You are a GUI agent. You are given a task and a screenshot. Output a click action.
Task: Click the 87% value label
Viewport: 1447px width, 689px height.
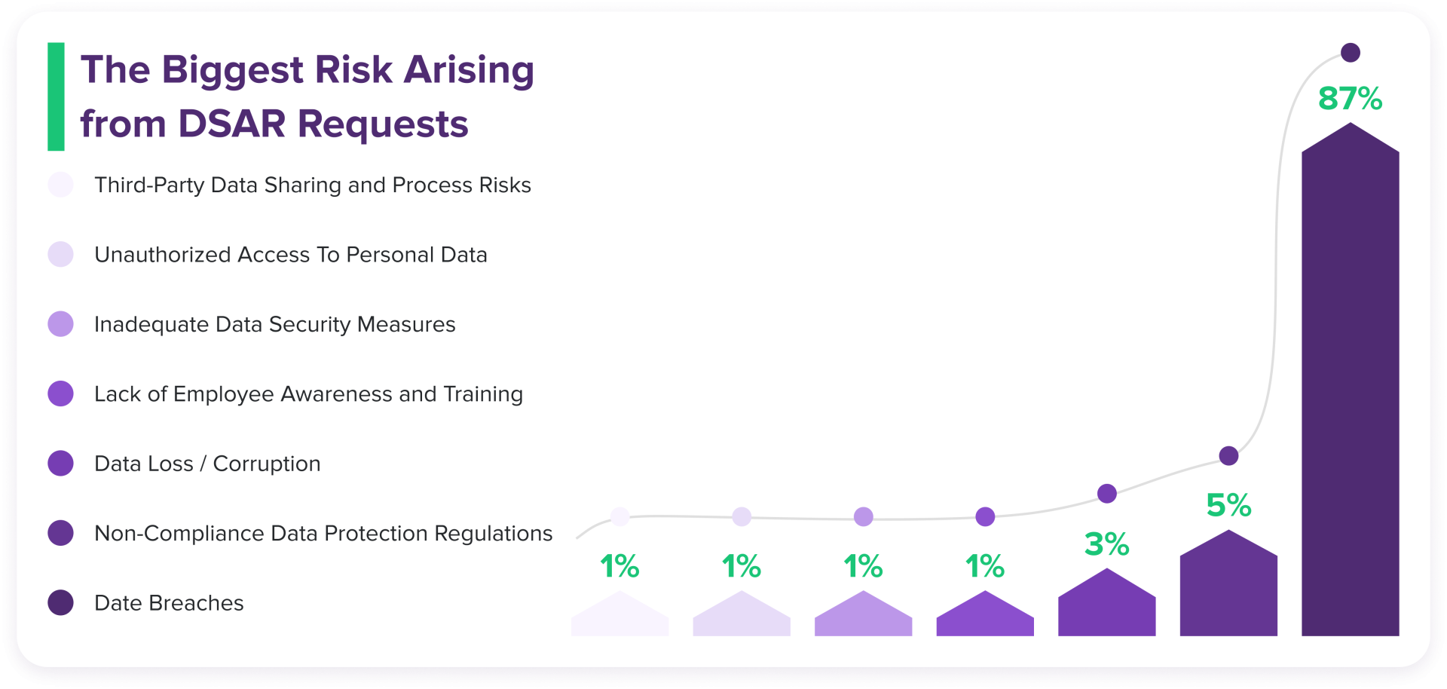1350,99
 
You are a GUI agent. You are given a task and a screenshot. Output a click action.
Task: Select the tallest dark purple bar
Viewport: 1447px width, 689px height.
1350,392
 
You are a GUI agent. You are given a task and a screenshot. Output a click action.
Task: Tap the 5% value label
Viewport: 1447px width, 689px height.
1228,505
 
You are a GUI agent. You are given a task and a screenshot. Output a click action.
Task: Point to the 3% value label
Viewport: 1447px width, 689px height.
1106,544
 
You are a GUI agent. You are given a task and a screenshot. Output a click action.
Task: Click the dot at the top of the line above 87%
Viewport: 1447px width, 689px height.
1351,53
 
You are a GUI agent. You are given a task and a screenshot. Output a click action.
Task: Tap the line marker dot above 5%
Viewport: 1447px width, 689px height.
1228,455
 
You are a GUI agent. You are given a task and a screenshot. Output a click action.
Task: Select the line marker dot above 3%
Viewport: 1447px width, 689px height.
1106,494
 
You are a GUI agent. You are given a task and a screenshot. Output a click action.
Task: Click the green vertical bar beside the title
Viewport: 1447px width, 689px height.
56,96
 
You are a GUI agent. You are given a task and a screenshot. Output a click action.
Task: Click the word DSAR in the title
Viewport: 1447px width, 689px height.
231,124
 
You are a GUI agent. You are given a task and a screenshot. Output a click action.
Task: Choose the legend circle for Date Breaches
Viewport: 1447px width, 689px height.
60,602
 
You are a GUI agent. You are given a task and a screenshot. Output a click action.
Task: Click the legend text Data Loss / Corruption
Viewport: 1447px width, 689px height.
207,464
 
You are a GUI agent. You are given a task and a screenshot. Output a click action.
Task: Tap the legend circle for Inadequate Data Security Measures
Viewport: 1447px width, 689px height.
60,324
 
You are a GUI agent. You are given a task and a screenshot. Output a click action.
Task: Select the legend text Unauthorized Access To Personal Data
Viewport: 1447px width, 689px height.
290,255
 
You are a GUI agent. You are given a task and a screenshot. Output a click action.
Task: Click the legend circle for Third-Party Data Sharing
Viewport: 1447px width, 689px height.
60,185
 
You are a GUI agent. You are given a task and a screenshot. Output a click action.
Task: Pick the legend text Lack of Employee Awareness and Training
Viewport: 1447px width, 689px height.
308,394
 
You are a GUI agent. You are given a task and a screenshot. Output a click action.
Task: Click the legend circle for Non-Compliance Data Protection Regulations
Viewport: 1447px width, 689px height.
60,533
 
